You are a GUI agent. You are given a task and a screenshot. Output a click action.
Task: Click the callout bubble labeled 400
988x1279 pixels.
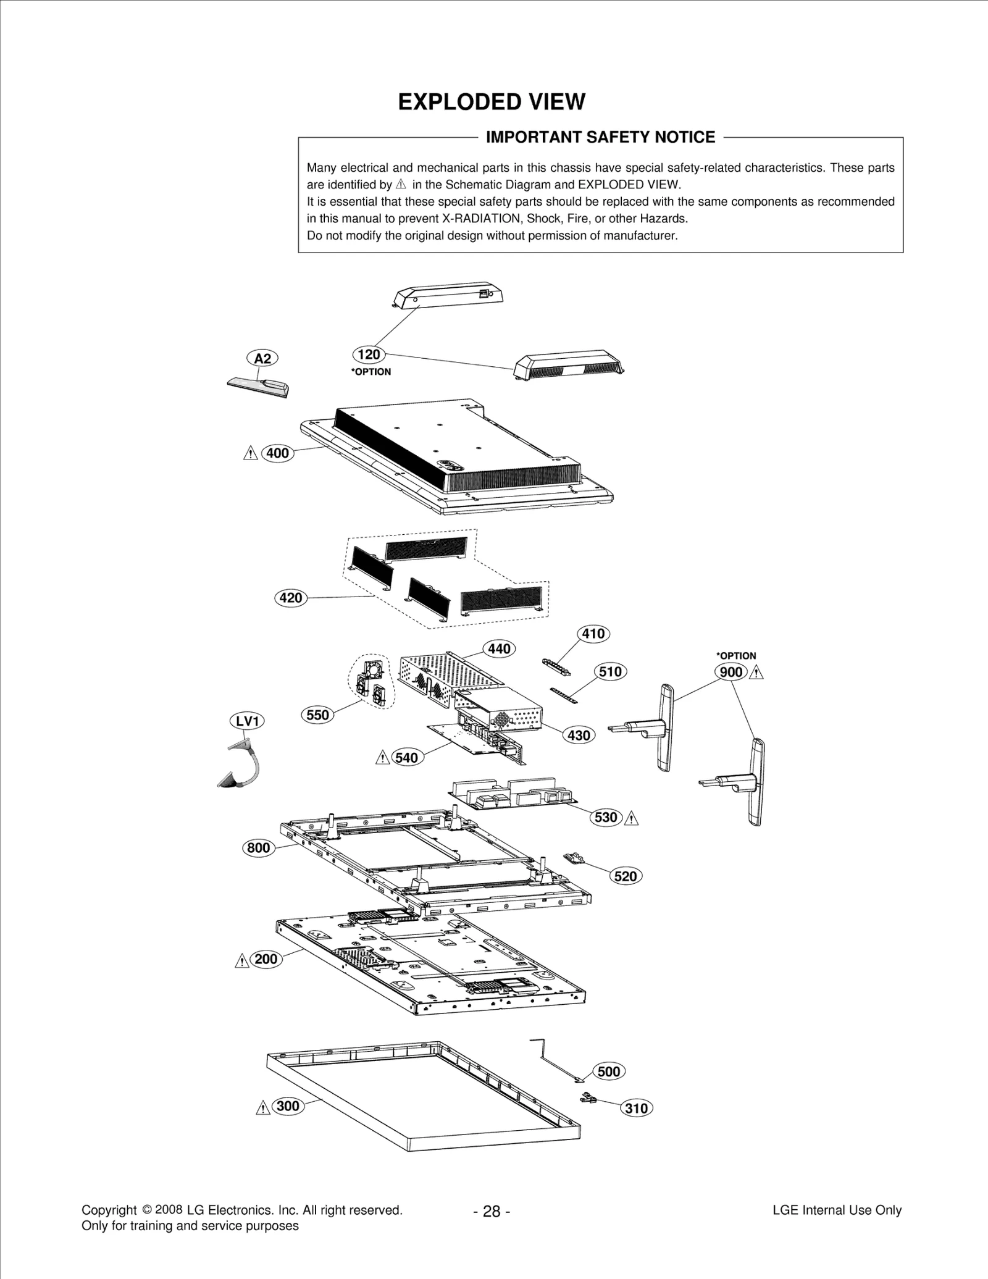[x=277, y=453]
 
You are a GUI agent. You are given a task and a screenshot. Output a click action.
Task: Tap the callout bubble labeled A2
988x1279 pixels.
[x=262, y=358]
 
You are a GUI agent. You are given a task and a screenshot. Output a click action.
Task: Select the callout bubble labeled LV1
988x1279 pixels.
[x=247, y=721]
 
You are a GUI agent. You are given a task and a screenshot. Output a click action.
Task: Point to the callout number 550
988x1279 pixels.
[x=317, y=715]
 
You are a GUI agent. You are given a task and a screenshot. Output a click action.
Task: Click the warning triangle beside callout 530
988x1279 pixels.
[x=631, y=818]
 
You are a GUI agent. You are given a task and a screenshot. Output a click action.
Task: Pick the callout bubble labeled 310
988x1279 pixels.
[x=636, y=1109]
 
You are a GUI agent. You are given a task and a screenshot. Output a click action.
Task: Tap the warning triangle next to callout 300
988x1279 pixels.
[x=263, y=1107]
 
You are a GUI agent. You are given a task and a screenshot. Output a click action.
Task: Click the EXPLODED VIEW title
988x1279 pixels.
[x=492, y=102]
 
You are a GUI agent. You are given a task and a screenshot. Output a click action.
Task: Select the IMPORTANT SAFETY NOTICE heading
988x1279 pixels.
[x=600, y=137]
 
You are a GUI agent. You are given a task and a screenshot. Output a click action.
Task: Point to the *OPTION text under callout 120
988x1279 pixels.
[x=371, y=372]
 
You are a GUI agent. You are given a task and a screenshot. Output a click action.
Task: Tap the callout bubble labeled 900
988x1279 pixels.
[x=731, y=672]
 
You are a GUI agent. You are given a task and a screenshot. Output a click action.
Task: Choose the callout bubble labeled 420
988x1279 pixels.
[x=291, y=598]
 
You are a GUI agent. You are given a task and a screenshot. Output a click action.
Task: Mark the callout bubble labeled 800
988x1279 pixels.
[x=259, y=847]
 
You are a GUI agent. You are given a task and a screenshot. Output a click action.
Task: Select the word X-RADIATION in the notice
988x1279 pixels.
[x=483, y=219]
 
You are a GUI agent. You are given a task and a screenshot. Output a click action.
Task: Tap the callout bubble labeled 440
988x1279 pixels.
[x=499, y=648]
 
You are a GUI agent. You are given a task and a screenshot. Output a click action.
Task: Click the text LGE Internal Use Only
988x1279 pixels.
[x=837, y=1210]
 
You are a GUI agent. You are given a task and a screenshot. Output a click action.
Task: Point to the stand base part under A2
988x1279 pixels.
[x=258, y=387]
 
